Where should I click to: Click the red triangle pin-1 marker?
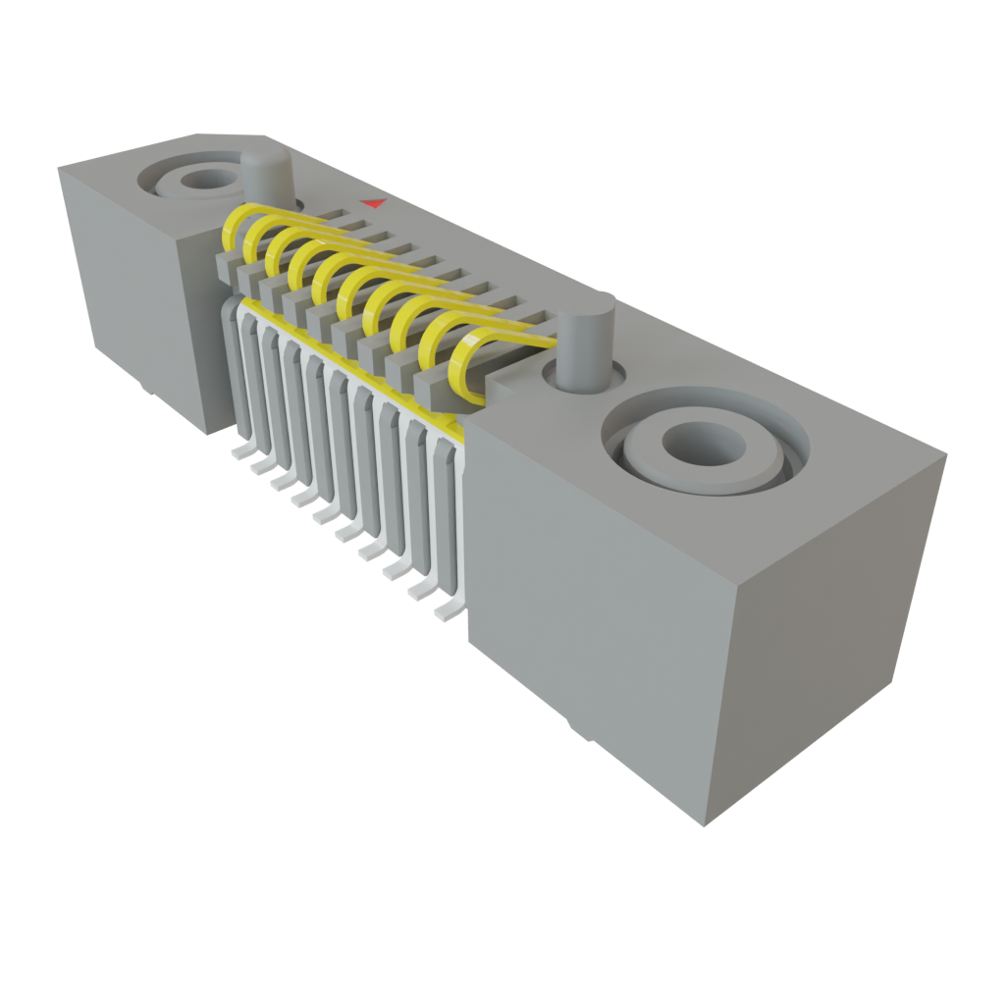pyautogui.click(x=373, y=204)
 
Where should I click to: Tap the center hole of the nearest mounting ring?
pyautogui.click(x=699, y=444)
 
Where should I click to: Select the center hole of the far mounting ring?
pyautogui.click(x=203, y=180)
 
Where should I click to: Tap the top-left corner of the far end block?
pyautogui.click(x=59, y=169)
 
